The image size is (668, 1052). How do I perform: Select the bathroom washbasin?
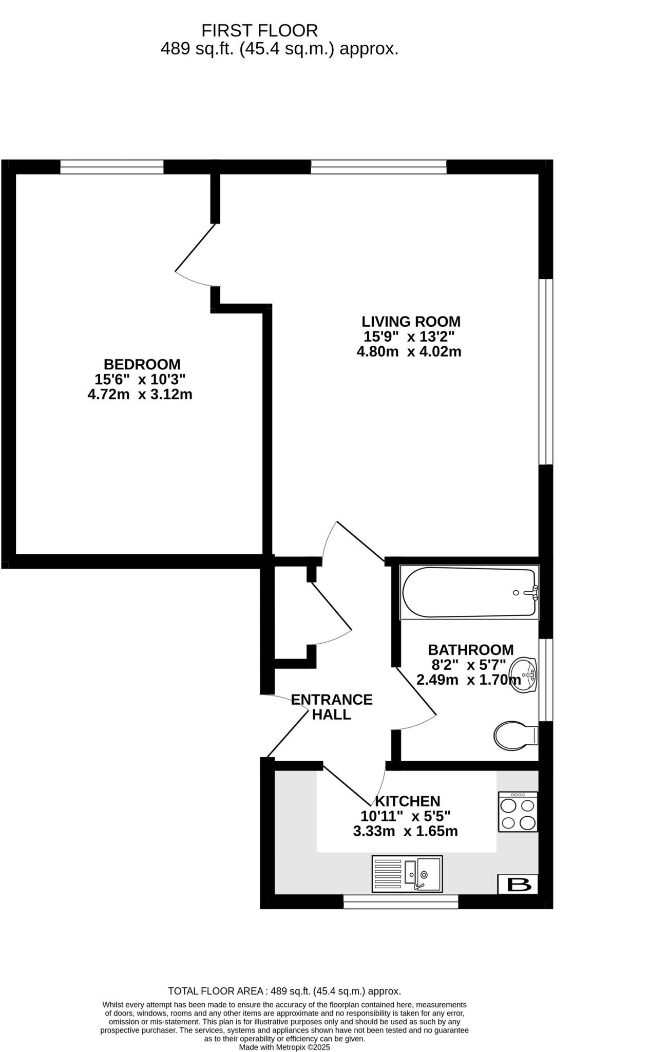[524, 674]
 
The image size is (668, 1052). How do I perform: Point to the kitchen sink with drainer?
[407, 873]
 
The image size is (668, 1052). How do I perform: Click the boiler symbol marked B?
[518, 885]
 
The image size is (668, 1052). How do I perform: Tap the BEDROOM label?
[142, 364]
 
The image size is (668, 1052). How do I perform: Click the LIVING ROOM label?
[411, 322]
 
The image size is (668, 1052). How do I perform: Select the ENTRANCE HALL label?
[332, 707]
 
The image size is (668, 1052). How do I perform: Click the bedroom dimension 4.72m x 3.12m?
[140, 394]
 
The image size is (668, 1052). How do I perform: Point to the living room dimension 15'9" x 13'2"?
[409, 337]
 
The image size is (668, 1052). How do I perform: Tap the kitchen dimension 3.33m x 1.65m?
[405, 831]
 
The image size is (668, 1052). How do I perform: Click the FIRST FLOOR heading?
[259, 31]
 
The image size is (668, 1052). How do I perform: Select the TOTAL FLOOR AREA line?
[284, 991]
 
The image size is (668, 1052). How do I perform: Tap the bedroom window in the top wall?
[111, 166]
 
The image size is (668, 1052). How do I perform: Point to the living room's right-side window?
[545, 371]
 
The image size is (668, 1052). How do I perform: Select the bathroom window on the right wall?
[545, 680]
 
